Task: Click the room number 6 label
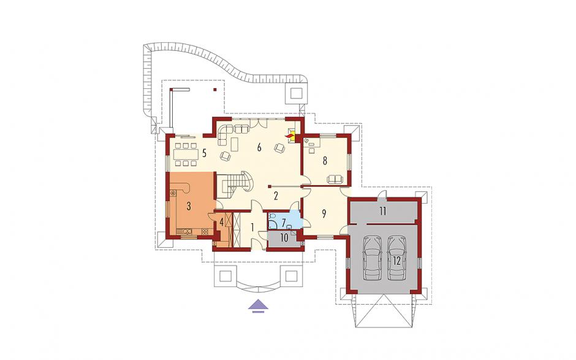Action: pos(259,148)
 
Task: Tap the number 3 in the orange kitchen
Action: pos(189,206)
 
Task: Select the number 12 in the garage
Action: pos(396,261)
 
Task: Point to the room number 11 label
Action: pos(383,211)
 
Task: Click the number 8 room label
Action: pos(325,161)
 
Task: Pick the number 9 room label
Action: pos(324,214)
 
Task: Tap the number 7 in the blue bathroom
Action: pos(284,223)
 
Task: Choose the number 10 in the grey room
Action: pos(284,237)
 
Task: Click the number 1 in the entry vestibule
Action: pos(252,228)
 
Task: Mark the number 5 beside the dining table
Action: pos(205,152)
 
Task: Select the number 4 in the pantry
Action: pos(221,222)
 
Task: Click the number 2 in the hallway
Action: pos(275,196)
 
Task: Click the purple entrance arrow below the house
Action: pos(259,305)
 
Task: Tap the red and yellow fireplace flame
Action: pos(290,136)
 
